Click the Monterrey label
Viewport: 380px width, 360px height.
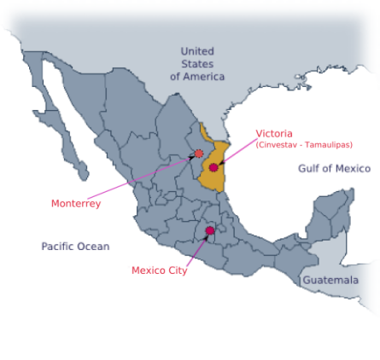tap(76, 203)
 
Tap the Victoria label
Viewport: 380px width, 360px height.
tap(274, 133)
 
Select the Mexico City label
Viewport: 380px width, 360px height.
tap(159, 270)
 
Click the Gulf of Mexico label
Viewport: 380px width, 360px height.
tap(334, 168)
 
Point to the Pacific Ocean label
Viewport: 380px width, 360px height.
tap(75, 247)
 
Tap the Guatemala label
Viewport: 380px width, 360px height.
tap(330, 280)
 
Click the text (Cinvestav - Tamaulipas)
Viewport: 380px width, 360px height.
tap(304, 145)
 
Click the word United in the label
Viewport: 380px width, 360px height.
tap(197, 51)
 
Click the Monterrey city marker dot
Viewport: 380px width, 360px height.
tap(199, 154)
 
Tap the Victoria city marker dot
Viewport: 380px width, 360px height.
tap(213, 167)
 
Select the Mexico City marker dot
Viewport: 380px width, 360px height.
tap(209, 230)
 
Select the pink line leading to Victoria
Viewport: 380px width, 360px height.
tap(237, 151)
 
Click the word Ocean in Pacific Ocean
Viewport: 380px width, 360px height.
tap(94, 247)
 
